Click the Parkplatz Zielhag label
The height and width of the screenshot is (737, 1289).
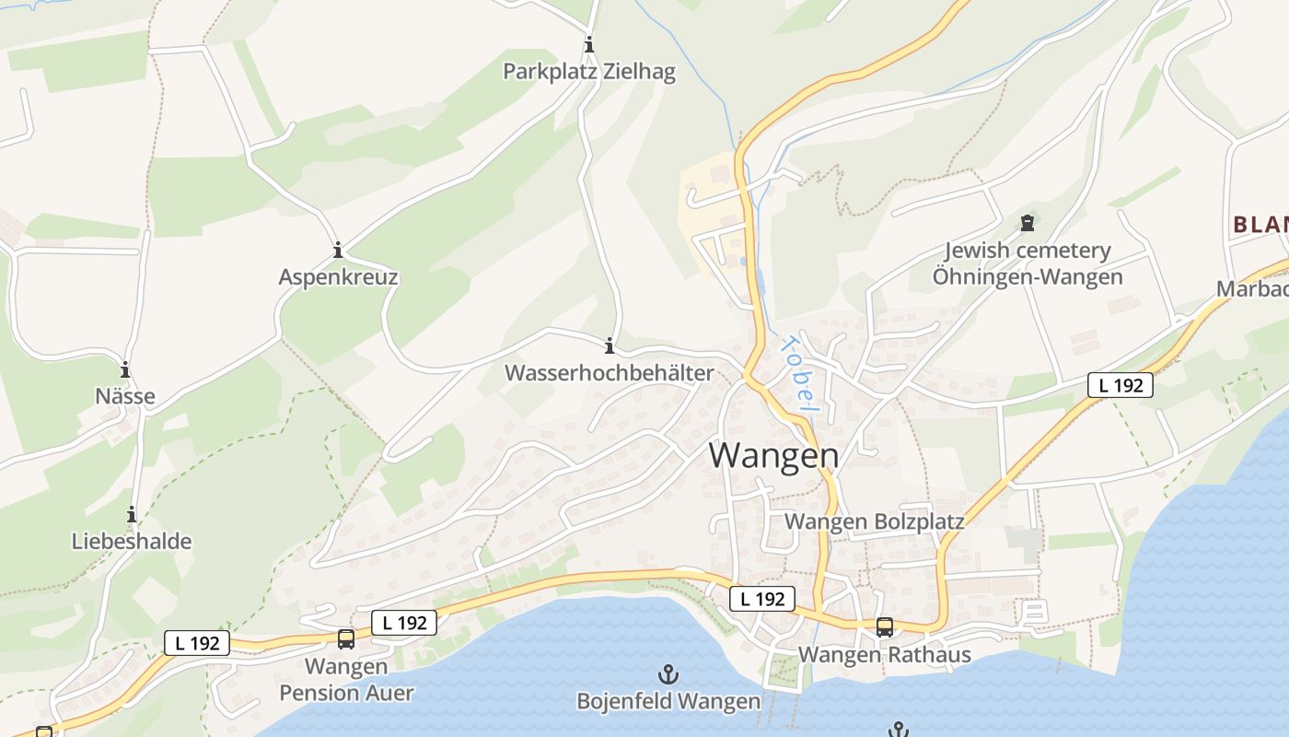pyautogui.click(x=589, y=72)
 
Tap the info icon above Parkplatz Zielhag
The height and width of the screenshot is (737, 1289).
pyautogui.click(x=589, y=44)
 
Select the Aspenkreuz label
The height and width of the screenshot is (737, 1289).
pyautogui.click(x=339, y=277)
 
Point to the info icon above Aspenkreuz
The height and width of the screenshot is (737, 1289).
pyautogui.click(x=338, y=250)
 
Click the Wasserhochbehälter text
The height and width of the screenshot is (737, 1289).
pyautogui.click(x=609, y=373)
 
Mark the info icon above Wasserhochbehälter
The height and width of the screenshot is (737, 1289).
pyautogui.click(x=609, y=346)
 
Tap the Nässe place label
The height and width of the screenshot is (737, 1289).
pyautogui.click(x=125, y=396)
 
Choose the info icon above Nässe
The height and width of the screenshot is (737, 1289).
pyautogui.click(x=125, y=369)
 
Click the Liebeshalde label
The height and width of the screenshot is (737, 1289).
pyautogui.click(x=132, y=541)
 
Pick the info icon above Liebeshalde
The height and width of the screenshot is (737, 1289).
pyautogui.click(x=132, y=514)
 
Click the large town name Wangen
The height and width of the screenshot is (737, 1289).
pyautogui.click(x=773, y=456)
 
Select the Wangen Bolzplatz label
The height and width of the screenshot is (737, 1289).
pyautogui.click(x=874, y=521)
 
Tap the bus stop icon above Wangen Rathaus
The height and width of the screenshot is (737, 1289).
pyautogui.click(x=884, y=627)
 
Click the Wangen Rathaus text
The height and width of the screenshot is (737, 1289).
pyautogui.click(x=884, y=655)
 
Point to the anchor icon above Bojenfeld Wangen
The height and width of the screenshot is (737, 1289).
pyautogui.click(x=668, y=674)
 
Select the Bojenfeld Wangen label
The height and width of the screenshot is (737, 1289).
pyautogui.click(x=668, y=701)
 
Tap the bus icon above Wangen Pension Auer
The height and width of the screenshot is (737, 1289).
pyautogui.click(x=346, y=638)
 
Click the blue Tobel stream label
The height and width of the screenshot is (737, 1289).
pyautogui.click(x=797, y=373)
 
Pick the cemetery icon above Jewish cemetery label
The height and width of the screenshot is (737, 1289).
pyautogui.click(x=1028, y=223)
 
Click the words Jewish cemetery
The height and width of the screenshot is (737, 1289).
pyautogui.click(x=1028, y=251)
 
